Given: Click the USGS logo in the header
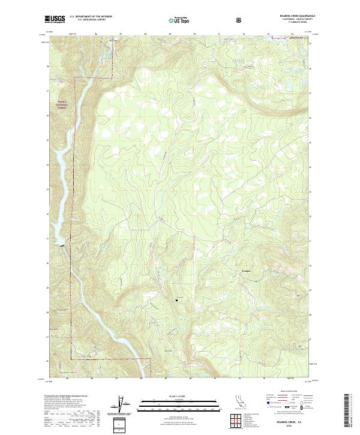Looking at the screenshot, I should point(55,19).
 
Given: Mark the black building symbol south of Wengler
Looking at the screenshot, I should point(176,298).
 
